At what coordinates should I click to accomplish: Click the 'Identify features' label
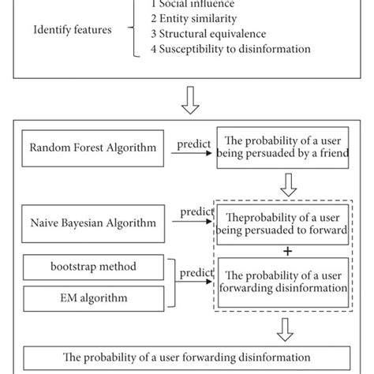click(x=72, y=31)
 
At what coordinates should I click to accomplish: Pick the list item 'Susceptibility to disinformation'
click(x=230, y=49)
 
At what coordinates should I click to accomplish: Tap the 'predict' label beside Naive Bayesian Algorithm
click(x=197, y=211)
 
